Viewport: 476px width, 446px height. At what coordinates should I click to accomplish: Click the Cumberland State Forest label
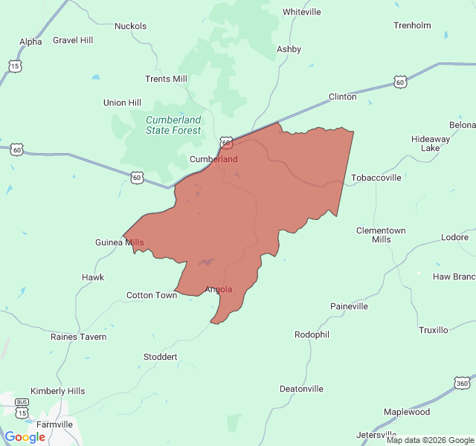pos(173,125)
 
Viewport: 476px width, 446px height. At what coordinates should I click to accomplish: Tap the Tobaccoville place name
pos(376,178)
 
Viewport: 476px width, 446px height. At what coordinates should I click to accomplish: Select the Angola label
pos(219,289)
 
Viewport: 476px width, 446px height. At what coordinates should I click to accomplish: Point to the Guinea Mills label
pos(120,242)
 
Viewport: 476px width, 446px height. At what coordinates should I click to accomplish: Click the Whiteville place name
pos(301,12)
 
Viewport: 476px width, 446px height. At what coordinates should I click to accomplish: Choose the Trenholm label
pos(412,25)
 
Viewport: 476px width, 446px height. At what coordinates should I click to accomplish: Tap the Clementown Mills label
pos(381,235)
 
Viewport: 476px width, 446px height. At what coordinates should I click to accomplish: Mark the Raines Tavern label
pos(78,337)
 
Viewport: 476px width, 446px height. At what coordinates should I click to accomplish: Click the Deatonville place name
pos(301,389)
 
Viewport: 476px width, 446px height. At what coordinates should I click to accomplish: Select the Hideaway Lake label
pos(431,143)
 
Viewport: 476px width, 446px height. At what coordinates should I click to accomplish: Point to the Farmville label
pos(54,424)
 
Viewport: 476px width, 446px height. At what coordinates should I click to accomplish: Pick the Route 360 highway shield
pos(461,383)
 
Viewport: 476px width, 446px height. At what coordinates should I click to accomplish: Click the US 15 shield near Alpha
pos(16,66)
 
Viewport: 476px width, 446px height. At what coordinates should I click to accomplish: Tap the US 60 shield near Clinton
pos(401,82)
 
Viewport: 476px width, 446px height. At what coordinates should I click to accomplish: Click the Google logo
pos(25,437)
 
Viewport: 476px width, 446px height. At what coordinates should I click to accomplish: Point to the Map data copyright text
pos(430,440)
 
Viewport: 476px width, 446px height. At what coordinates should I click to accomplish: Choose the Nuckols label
pos(130,26)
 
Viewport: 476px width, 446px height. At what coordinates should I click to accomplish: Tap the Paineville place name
pos(349,306)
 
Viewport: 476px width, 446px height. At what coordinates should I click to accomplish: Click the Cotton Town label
pos(152,295)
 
